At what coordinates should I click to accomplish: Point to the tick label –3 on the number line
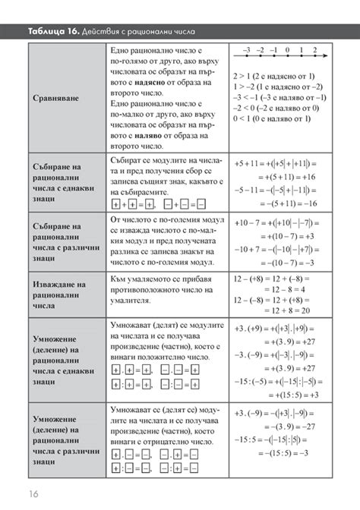coord(246,50)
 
